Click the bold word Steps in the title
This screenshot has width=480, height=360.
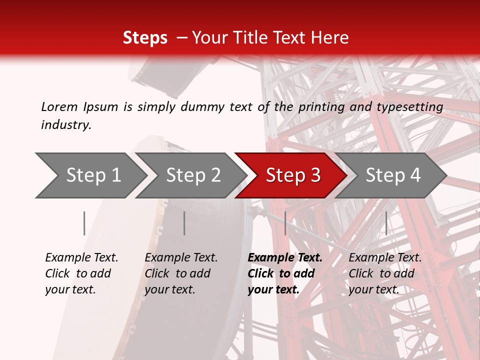coord(145,38)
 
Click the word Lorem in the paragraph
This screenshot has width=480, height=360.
coord(59,106)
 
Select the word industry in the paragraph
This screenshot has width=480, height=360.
coord(66,125)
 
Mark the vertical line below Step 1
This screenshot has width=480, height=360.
coord(84,223)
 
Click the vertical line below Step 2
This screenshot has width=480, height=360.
coord(184,223)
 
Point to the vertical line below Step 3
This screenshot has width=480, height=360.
coord(285,223)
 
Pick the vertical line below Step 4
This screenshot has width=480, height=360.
coord(386,223)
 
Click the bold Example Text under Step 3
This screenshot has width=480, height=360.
coord(285,258)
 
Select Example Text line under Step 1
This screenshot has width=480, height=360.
coord(81,258)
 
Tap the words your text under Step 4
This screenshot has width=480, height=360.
coord(373,289)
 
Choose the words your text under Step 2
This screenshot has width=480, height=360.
coord(169,289)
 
